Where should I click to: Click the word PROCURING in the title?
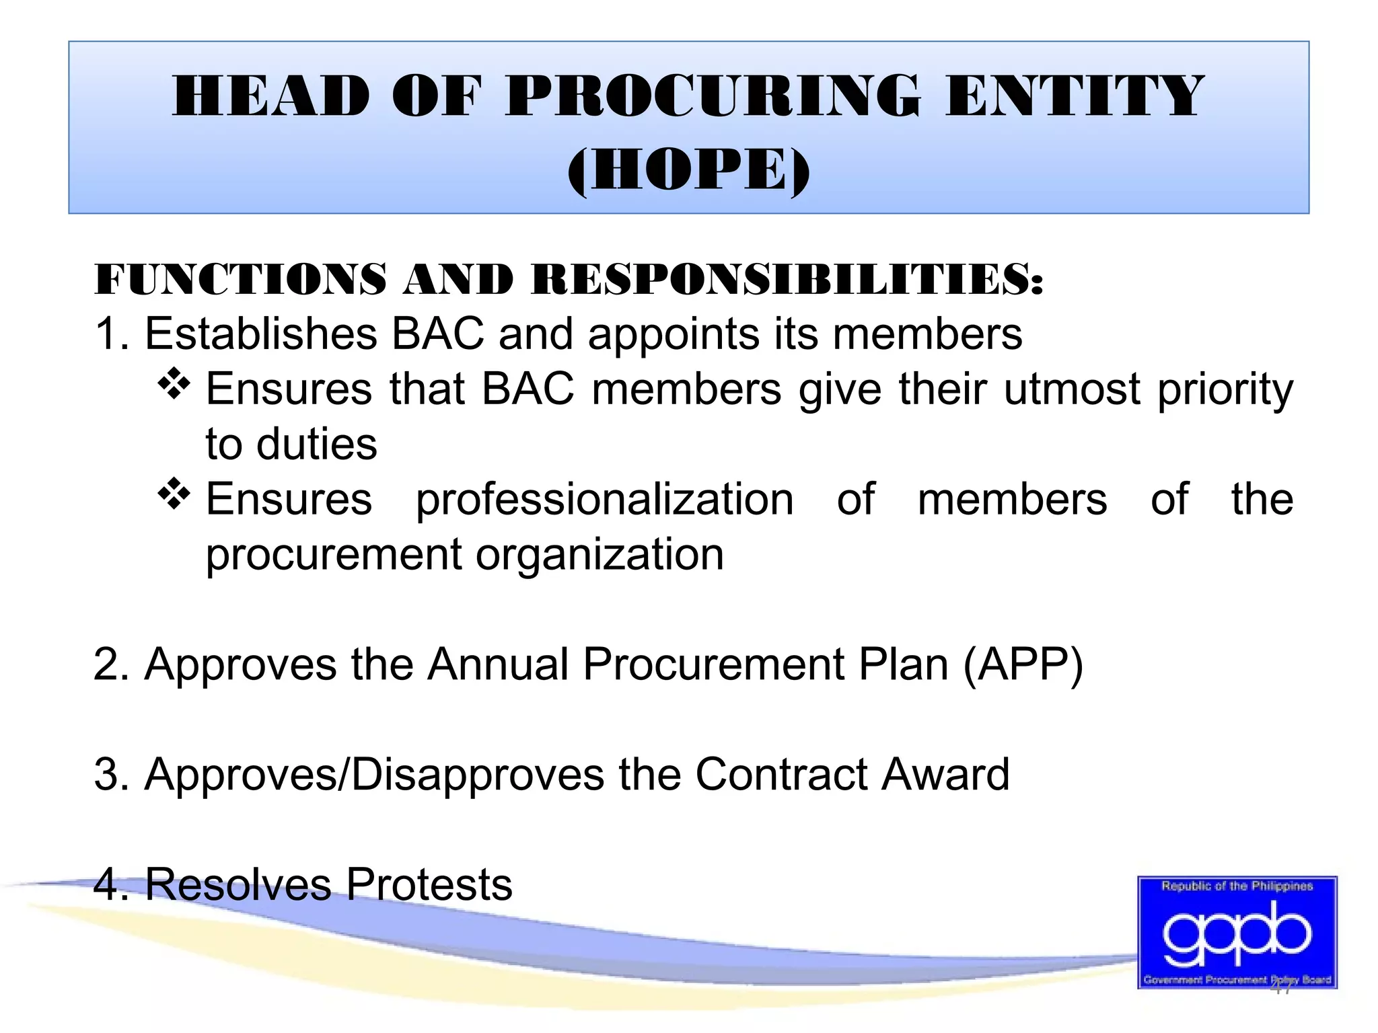click(712, 96)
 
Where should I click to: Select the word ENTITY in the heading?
click(1074, 96)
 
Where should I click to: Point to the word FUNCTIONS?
click(240, 279)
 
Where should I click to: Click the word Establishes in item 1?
click(261, 334)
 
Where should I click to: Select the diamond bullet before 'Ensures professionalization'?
click(174, 494)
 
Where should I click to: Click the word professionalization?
click(604, 500)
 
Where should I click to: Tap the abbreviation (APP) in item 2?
click(1023, 665)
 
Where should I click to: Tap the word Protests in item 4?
click(429, 884)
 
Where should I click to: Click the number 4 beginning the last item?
click(106, 884)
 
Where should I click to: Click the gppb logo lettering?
click(1237, 933)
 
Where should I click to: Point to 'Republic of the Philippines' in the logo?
click(1237, 886)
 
